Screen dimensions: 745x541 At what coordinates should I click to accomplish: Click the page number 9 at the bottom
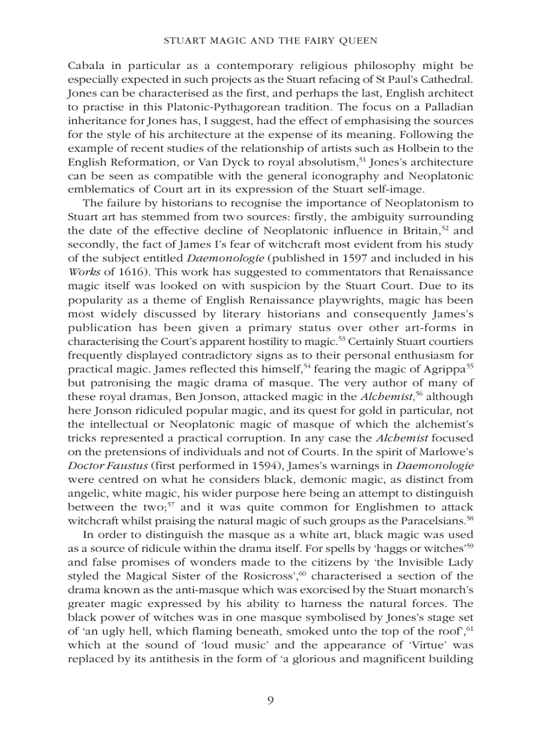coord(270,701)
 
